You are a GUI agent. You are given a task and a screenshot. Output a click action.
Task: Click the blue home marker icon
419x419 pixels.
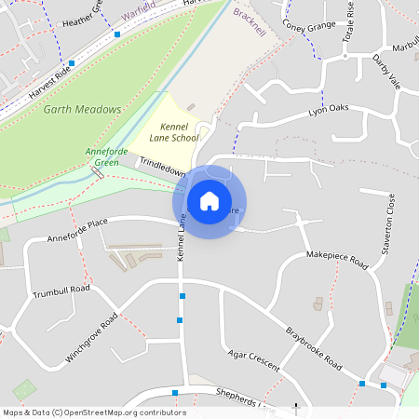tap(209, 201)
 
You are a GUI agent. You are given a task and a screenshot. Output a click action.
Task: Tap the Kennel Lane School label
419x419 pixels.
tap(174, 131)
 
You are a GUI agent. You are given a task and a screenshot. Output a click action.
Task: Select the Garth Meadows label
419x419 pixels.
tap(83, 109)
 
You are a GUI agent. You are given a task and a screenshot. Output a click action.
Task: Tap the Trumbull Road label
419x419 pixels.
tap(61, 291)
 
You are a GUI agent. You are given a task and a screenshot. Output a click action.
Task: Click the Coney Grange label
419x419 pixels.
tap(307, 25)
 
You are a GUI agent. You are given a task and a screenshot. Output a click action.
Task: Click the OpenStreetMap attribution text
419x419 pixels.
tap(94, 412)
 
